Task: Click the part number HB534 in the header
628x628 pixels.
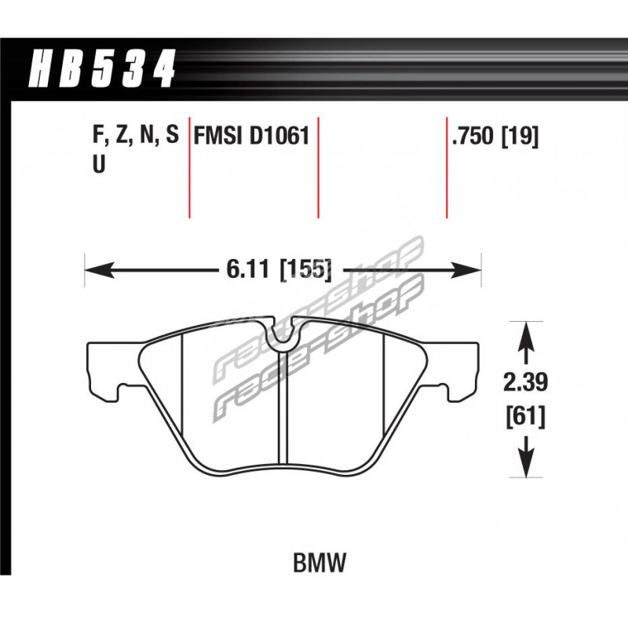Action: pos(102,68)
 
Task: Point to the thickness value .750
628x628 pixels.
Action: pos(473,136)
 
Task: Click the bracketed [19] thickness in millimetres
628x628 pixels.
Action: pos(520,136)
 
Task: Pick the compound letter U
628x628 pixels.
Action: pos(99,164)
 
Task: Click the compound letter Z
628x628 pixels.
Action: pos(122,135)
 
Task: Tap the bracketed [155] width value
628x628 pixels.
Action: pos(306,269)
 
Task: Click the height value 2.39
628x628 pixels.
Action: pos(525,382)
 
